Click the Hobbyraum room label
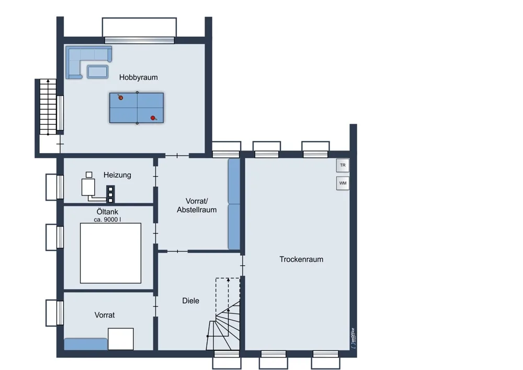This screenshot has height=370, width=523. [x=139, y=78]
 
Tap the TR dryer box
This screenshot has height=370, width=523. [x=343, y=166]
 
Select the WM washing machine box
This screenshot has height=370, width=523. [x=343, y=183]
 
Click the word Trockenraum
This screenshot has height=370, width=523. [x=301, y=259]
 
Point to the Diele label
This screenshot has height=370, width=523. [x=190, y=301]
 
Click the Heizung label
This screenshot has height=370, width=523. [x=117, y=175]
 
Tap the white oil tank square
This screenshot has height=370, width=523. [x=110, y=253]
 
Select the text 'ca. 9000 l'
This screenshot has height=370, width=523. [x=107, y=220]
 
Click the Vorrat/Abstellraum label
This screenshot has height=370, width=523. [x=197, y=205]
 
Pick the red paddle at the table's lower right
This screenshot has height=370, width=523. [x=153, y=118]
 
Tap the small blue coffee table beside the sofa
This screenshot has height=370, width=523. [x=97, y=72]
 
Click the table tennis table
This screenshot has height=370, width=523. [x=137, y=108]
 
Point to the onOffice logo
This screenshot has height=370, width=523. [x=353, y=338]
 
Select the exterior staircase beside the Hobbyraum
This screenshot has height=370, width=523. [x=48, y=107]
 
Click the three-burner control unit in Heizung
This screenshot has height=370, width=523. [x=110, y=194]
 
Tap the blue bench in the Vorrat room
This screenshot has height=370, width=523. [x=86, y=344]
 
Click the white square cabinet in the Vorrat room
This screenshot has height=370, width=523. [x=121, y=339]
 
